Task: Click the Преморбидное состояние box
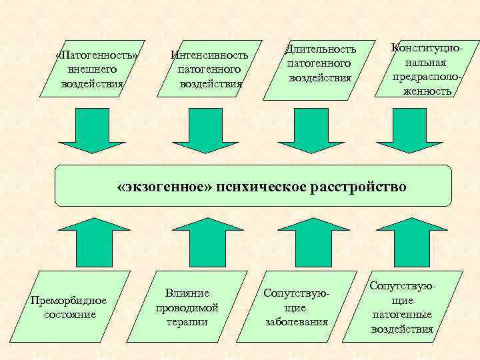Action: coord(68,307)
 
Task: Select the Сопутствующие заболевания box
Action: coord(296,307)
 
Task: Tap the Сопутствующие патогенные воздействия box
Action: coord(402,307)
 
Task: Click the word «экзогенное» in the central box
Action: coord(163,186)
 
